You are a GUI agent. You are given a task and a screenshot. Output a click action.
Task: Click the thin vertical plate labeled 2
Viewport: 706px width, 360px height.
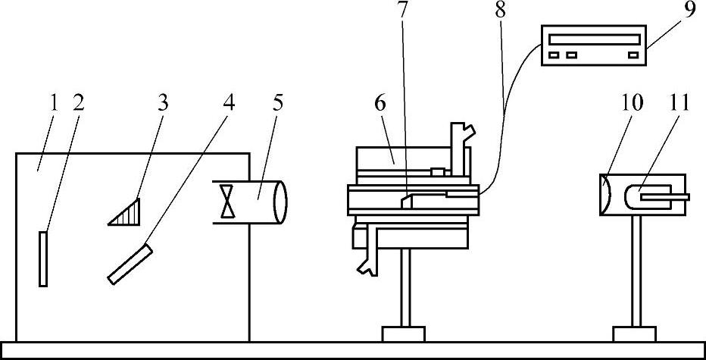[x=43, y=258]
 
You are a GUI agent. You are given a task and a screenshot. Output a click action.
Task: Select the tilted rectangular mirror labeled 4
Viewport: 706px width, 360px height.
[x=130, y=263]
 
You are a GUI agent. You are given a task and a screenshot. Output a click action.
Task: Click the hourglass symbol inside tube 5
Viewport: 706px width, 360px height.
[x=226, y=201]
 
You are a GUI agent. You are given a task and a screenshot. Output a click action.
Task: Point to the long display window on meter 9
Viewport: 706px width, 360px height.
[x=595, y=39]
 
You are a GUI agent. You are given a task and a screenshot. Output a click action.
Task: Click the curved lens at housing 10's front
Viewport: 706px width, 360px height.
[x=604, y=196]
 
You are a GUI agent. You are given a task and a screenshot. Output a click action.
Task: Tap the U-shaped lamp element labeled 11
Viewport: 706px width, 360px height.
[x=643, y=196]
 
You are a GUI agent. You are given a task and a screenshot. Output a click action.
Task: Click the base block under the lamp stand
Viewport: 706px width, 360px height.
[x=633, y=334]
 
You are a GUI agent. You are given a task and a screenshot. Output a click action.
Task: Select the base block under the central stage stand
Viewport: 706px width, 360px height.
[x=404, y=334]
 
